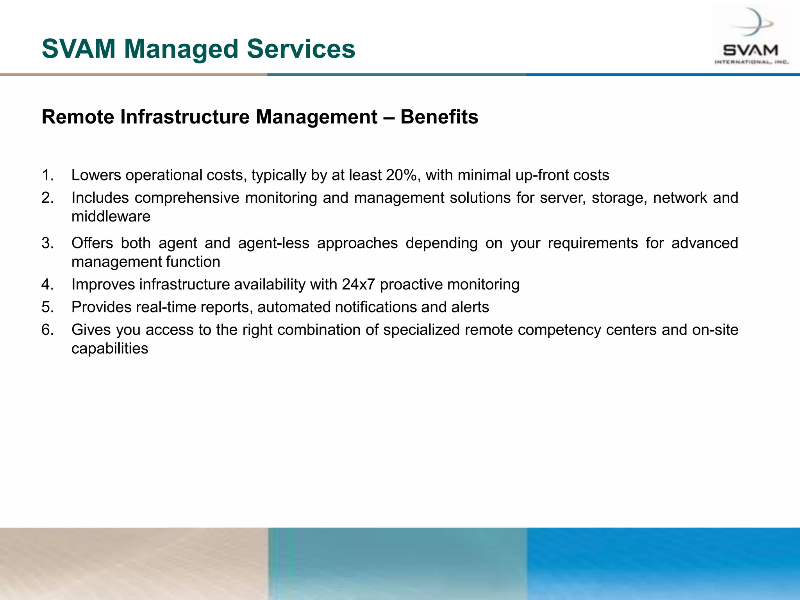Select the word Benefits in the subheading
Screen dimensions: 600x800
coord(439,117)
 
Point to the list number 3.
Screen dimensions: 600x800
coord(47,243)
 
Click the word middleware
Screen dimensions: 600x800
coord(111,216)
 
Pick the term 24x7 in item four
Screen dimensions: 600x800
coord(358,284)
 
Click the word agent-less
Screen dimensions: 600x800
coord(273,243)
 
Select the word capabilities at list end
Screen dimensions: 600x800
coord(110,348)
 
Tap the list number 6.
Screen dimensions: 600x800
coord(47,330)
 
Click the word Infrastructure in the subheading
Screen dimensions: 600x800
coord(185,117)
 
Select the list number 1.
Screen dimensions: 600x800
coord(47,175)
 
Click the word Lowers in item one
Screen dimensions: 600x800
coord(96,175)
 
